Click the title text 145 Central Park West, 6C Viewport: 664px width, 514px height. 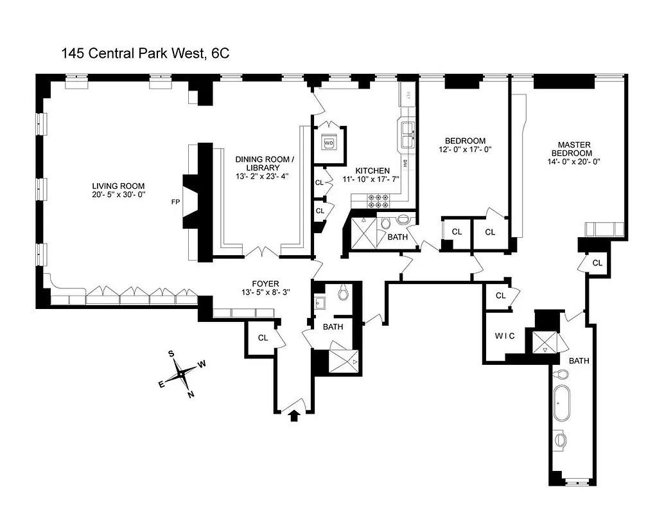point(145,54)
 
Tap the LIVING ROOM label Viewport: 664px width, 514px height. point(119,186)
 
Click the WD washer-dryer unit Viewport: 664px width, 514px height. point(329,142)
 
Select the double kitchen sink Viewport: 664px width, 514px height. point(406,135)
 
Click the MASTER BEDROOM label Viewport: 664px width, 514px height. point(574,149)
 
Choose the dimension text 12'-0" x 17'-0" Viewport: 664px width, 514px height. point(465,150)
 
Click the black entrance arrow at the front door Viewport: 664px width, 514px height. point(295,416)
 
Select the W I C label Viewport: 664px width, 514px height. point(505,336)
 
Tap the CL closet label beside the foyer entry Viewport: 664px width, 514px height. point(263,338)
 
